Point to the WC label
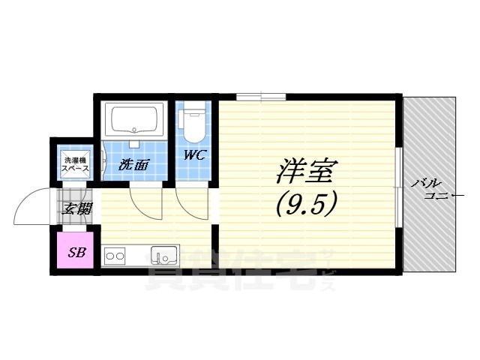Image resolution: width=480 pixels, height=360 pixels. click(x=196, y=156)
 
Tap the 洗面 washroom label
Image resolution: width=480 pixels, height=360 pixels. click(x=133, y=165)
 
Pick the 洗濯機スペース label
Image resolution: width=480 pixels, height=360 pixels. click(x=76, y=164)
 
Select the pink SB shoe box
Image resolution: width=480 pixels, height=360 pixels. click(x=76, y=252)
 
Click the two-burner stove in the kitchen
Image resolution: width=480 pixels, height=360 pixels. click(x=115, y=256)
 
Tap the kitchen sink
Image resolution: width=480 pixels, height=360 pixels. click(x=162, y=256)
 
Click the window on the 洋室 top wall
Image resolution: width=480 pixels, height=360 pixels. click(x=254, y=96)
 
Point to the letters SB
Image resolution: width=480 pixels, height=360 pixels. click(x=76, y=252)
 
